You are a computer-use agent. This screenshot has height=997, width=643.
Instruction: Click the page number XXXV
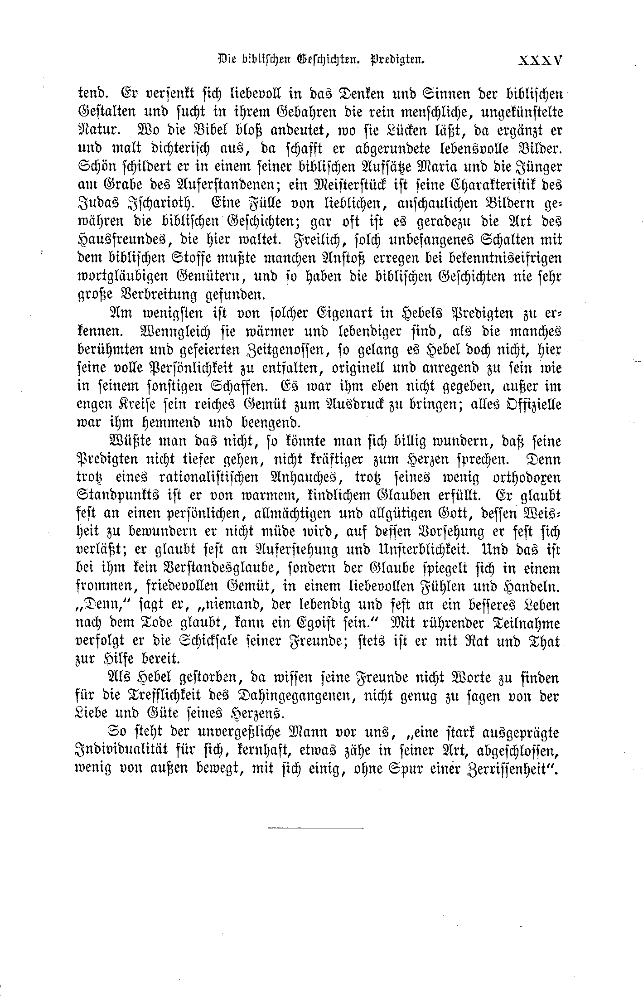pos(540,60)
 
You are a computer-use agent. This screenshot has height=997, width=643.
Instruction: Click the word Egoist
pos(332,624)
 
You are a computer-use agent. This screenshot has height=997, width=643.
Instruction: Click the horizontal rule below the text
pos(315,828)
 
